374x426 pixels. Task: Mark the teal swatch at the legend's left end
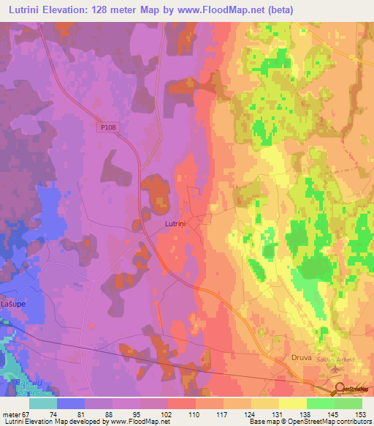click(42, 403)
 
